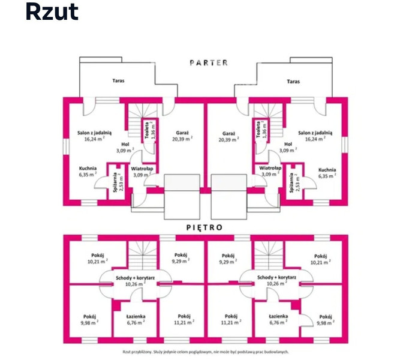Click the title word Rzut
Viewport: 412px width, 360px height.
coord(52,12)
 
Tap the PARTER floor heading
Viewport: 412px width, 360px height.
coord(209,62)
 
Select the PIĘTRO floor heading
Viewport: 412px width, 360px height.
coord(205,227)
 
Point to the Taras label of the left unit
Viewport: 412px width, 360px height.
coord(118,81)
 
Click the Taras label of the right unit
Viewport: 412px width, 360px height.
coord(293,82)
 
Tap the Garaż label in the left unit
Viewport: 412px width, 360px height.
coord(182,133)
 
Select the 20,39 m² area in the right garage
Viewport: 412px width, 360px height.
coord(229,140)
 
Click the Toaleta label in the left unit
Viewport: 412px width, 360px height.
coord(147,130)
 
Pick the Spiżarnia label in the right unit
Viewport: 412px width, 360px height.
coord(291,182)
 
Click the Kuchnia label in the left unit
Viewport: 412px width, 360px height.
coord(88,168)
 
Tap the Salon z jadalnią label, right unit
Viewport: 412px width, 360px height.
coord(315,133)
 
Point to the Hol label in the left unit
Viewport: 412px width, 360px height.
coord(125,145)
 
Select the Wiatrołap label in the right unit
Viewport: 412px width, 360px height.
coord(270,168)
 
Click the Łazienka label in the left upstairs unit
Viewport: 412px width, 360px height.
coord(136,317)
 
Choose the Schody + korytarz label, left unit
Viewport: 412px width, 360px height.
coord(136,278)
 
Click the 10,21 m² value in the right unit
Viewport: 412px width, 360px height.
coord(321,262)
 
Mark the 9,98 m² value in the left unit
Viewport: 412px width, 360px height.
coord(89,323)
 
